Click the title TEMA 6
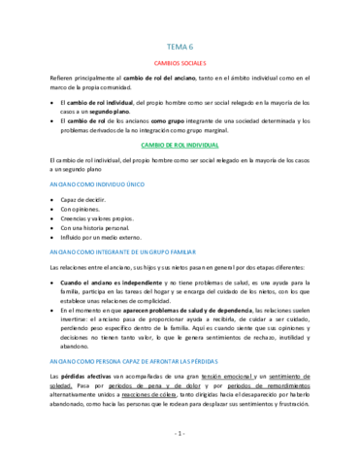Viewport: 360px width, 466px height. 180,45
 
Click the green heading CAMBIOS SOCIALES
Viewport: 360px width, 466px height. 180,62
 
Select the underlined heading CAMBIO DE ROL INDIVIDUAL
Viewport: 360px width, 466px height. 180,145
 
